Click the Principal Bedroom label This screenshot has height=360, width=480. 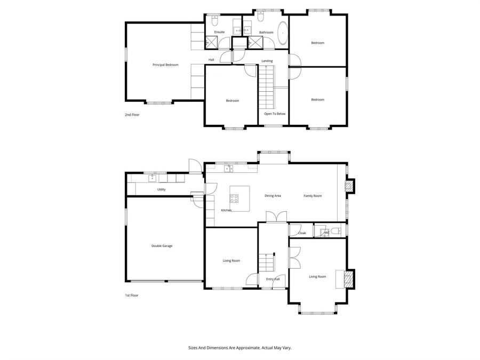click(165, 65)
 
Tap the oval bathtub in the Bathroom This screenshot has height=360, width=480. click(283, 33)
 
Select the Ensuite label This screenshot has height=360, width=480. click(219, 32)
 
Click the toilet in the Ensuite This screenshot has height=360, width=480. click(214, 21)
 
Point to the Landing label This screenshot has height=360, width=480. click(267, 61)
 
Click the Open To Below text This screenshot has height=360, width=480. click(275, 114)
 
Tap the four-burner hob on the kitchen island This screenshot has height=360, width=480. click(234, 198)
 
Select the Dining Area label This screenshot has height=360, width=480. click(273, 196)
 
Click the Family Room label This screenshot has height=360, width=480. click(313, 196)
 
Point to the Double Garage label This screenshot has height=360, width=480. click(162, 246)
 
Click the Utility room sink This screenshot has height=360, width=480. click(152, 178)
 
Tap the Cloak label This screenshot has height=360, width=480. click(302, 233)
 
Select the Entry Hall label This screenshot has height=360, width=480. click(273, 279)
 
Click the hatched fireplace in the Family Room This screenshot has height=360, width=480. click(349, 186)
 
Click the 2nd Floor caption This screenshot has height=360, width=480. click(132, 115)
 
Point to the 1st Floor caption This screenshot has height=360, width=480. click(132, 295)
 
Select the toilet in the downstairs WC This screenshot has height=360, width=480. click(336, 230)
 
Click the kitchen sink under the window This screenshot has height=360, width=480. click(228, 169)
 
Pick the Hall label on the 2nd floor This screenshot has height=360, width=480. click(211, 60)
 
